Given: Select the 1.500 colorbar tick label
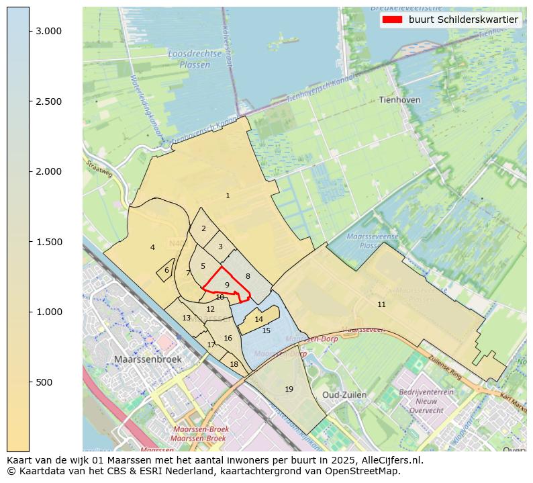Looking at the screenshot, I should pos(49,242).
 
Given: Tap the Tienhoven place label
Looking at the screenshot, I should pos(399,99).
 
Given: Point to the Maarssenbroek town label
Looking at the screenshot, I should pos(148,359).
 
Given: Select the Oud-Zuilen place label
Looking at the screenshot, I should pos(344,394).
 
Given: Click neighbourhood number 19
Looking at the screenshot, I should pos(289,389).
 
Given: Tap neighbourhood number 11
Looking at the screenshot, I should pos(381,304).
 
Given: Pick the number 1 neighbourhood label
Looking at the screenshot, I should pos(228,195).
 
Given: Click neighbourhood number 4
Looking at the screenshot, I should pos(152,247).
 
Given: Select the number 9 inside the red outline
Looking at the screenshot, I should pos(228,285).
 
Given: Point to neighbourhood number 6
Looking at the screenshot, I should pos(166,270).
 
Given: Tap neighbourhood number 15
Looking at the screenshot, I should pos(266,331).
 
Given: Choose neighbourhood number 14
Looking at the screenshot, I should pos(258,319).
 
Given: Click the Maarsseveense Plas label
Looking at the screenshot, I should pos(373,241).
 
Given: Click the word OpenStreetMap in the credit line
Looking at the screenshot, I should pos(365,471).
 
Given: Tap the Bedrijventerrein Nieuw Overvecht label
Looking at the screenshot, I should pos(426,401).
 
